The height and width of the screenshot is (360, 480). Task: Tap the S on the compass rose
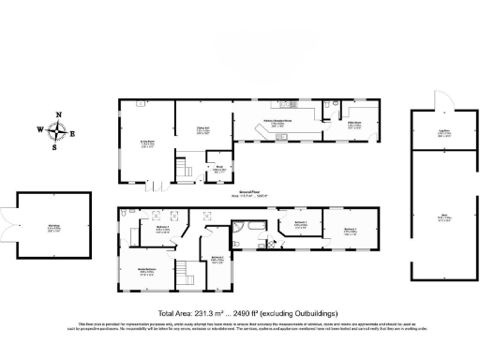[x=55, y=146]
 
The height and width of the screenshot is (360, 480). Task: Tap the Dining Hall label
[x=202, y=129]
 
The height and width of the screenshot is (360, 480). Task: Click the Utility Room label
[x=355, y=124]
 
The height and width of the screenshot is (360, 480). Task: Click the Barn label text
[x=444, y=218]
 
